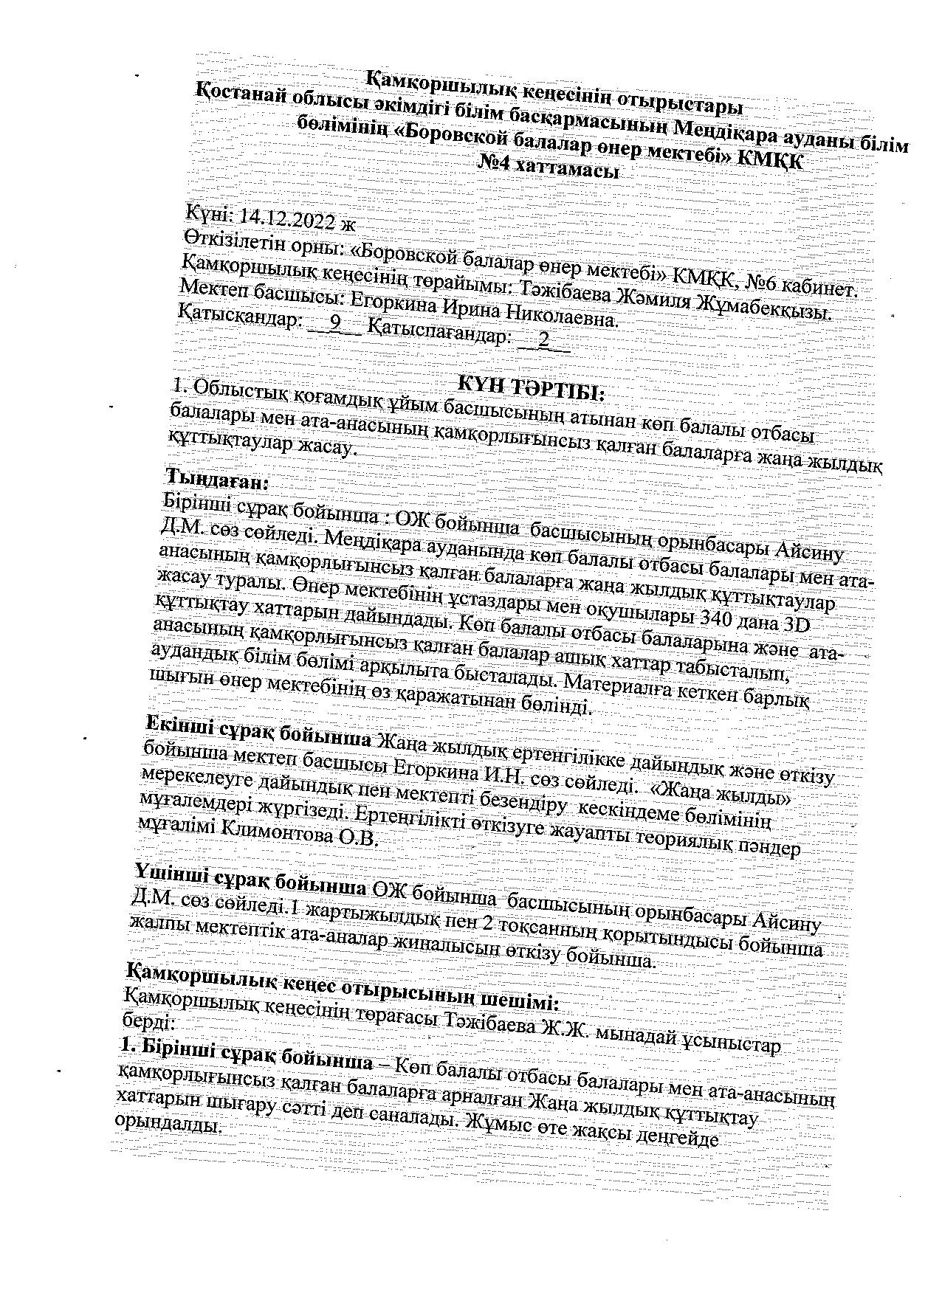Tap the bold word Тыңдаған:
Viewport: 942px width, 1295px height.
[x=219, y=480]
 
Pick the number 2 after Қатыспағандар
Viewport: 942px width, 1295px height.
[x=543, y=340]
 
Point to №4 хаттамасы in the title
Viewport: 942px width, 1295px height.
[x=549, y=168]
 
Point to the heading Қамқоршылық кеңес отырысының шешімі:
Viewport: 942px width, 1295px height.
[x=343, y=985]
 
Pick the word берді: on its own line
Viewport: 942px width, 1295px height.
[x=147, y=1022]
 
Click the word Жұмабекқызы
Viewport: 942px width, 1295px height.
[x=775, y=310]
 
